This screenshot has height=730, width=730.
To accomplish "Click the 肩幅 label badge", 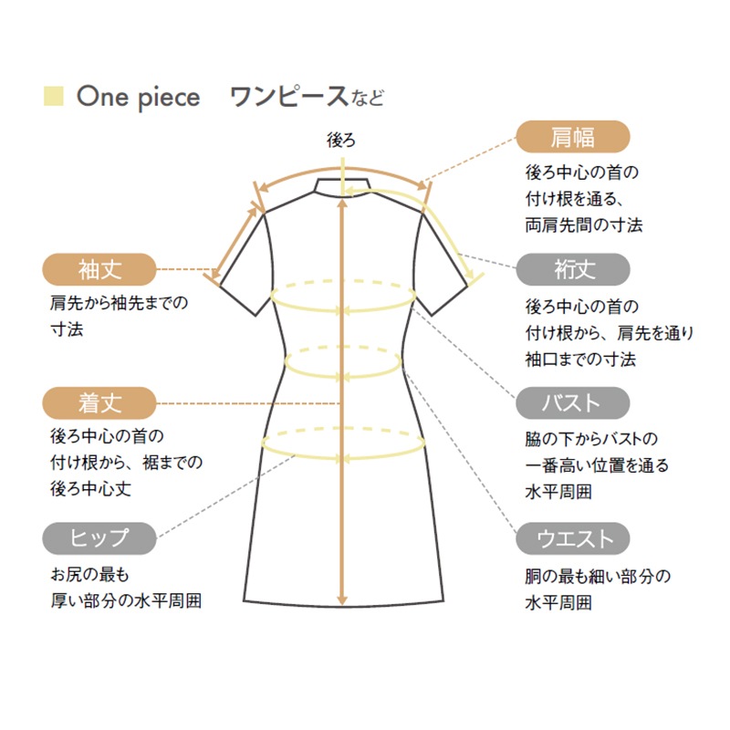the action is pos(573,136).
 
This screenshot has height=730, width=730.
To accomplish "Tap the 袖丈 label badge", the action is pos(99,269).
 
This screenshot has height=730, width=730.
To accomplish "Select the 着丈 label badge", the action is pos(99,403).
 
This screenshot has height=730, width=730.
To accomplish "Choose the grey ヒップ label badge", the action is pos(99,538).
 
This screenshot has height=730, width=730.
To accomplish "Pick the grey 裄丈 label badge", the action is pos(573,269).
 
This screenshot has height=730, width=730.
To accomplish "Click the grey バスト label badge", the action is pos(573,403).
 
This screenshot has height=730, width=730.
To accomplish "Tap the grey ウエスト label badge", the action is pos(573,538).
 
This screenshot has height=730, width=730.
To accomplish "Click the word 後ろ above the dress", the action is pos(341,140).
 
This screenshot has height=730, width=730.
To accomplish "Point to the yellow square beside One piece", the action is pos(54,96).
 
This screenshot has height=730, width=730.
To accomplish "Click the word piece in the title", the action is pos(170,99).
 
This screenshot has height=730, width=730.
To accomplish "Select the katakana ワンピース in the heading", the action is pos(289,97).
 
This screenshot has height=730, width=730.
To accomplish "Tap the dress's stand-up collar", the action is pos(342,187).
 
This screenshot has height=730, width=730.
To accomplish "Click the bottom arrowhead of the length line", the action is pos(342,600).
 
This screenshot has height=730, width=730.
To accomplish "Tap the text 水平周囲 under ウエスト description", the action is pos(558,603).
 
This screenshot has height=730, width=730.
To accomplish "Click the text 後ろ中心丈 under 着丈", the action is pos(90,489).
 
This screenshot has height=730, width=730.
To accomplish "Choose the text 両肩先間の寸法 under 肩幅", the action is pos(584,225).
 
